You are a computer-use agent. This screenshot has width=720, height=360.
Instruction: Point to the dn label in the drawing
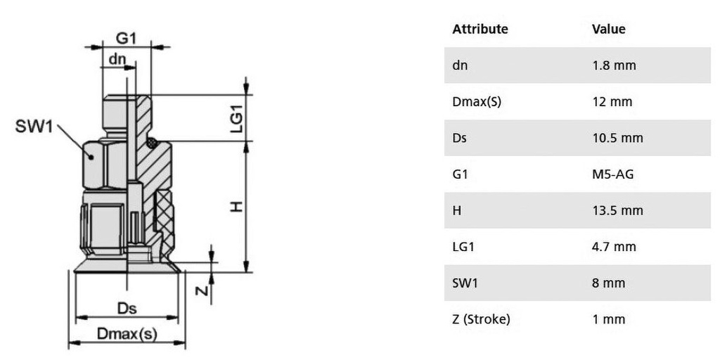pos(117,60)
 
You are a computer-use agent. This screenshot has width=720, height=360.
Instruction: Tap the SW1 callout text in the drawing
pos(34,128)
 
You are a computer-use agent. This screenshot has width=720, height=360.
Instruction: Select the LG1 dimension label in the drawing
pos(236,117)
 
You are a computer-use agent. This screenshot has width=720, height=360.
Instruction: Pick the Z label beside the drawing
pos(200,291)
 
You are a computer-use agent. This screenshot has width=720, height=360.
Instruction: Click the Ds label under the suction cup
pos(127,309)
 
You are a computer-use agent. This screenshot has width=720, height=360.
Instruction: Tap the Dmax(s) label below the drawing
pos(127,334)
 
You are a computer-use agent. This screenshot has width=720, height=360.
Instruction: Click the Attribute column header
pos(480,30)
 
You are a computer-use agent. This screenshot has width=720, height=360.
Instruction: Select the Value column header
pos(609,30)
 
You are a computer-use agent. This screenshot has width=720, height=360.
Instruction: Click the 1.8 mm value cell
pos(614,65)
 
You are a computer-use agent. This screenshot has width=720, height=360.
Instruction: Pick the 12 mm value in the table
pos(612,102)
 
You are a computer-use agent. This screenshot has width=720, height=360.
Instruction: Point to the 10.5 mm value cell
pos(617,138)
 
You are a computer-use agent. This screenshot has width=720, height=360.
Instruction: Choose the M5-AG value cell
pos(613,174)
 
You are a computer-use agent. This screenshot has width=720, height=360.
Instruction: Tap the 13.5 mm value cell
pos(617,210)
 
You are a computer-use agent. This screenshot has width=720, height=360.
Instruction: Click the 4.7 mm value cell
pos(614,247)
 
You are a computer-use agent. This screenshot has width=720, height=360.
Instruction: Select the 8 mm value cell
pos(608,283)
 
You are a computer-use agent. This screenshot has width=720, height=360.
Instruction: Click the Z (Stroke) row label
pos(481,319)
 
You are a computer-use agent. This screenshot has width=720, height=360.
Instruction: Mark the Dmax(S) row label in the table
pos(477,102)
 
